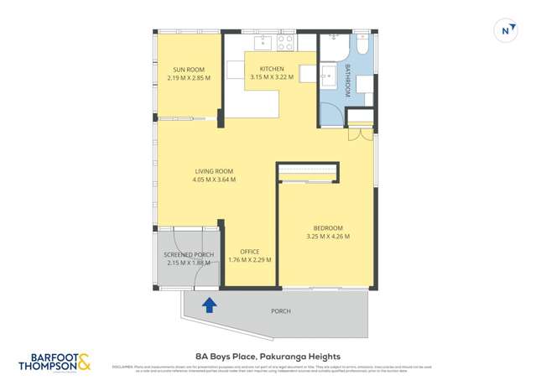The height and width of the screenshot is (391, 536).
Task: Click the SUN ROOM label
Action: [189, 70]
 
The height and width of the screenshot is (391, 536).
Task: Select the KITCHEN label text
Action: [271, 69]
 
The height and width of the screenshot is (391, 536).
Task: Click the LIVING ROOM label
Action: [214, 171]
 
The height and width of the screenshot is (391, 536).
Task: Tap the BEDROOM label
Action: [328, 228]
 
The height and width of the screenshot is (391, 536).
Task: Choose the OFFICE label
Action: [249, 252]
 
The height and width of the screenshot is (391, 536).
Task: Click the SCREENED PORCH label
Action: [189, 254]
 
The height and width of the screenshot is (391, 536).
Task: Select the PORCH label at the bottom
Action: [281, 311]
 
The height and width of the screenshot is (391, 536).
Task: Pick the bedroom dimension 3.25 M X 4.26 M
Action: [328, 237]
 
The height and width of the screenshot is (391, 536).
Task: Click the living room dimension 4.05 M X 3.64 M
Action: [214, 180]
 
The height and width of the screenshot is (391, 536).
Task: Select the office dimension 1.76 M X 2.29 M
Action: [249, 260]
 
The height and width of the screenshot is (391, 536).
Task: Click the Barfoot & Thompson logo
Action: [55, 362]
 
